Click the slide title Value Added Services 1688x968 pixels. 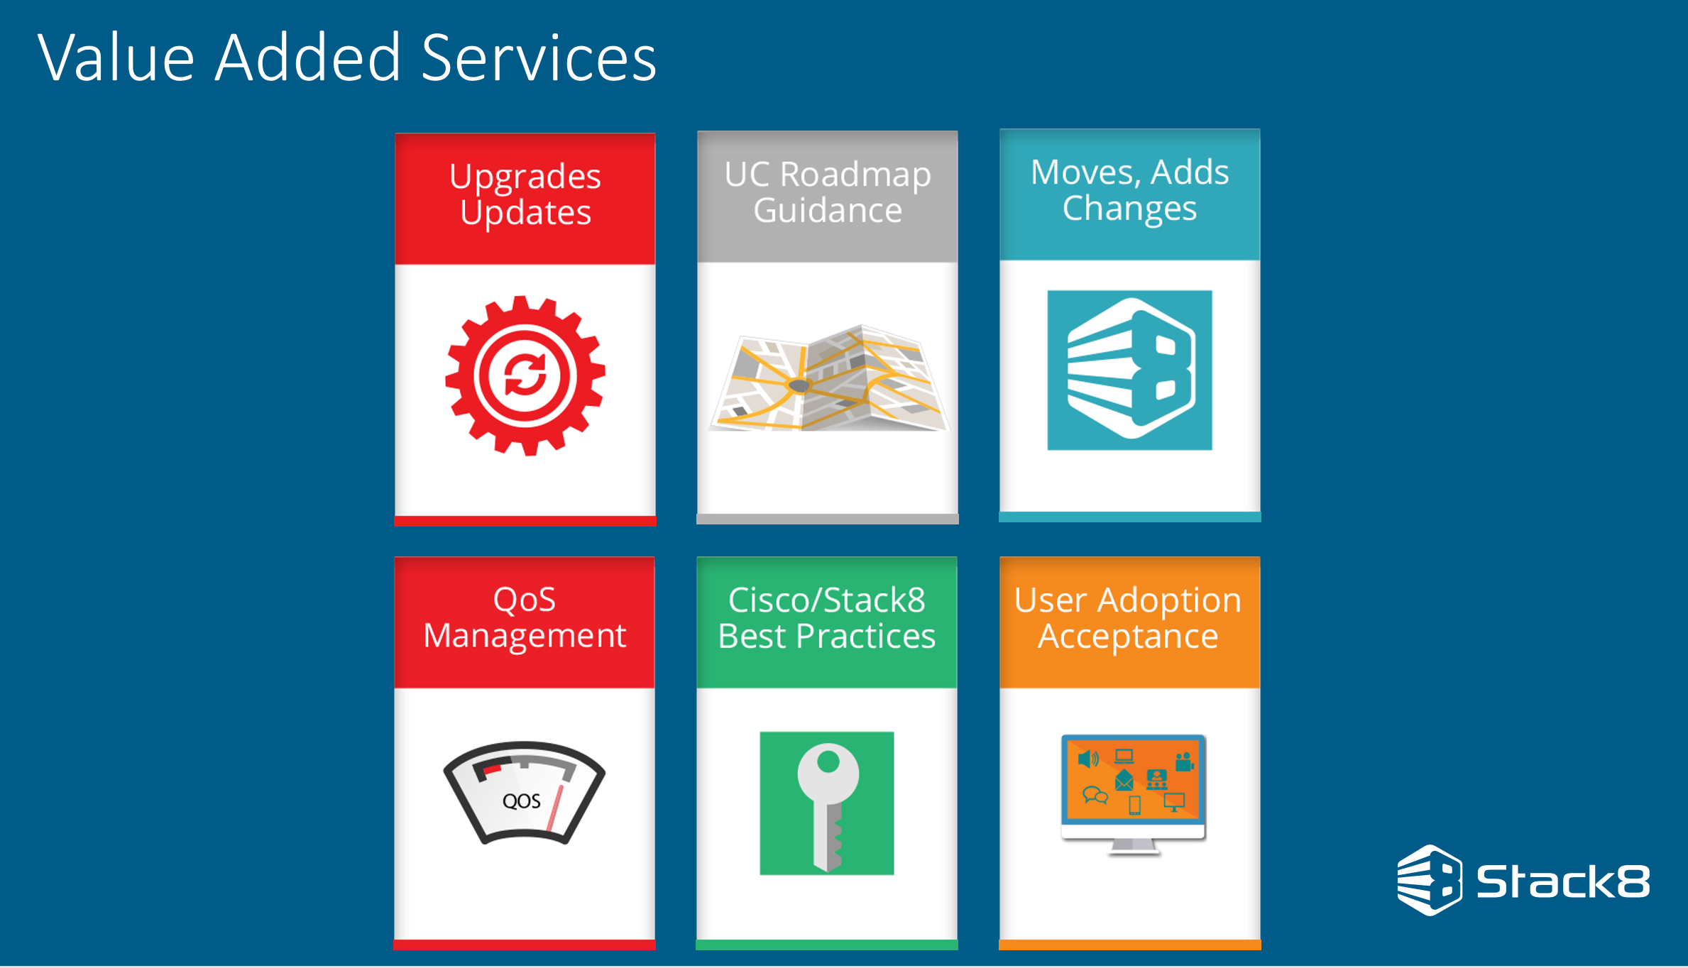click(x=347, y=58)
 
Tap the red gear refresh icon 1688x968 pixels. click(x=525, y=375)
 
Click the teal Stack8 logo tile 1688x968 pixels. click(x=1130, y=370)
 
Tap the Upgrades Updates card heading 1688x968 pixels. click(x=525, y=194)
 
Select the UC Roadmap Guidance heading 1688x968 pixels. click(x=828, y=192)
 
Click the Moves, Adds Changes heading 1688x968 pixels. click(x=1130, y=190)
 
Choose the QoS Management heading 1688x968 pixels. click(x=525, y=617)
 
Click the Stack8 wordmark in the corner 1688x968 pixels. click(x=1563, y=881)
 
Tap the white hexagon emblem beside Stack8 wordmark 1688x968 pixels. click(x=1430, y=880)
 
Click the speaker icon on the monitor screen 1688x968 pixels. click(x=1088, y=759)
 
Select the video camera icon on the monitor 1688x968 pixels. click(x=1184, y=762)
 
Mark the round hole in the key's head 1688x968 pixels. click(x=828, y=762)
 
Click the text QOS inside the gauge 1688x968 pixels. click(x=522, y=801)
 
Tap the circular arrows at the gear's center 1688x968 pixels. click(x=525, y=375)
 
